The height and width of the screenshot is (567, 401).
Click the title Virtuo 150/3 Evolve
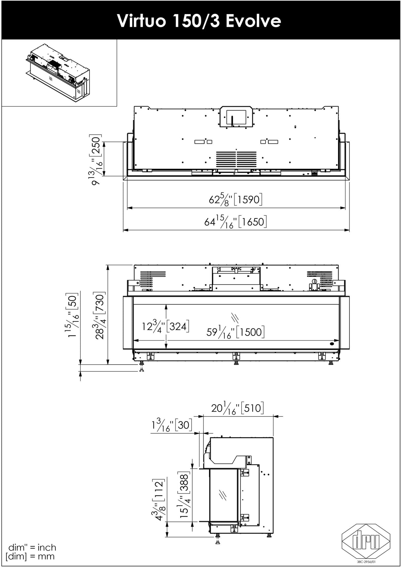199,20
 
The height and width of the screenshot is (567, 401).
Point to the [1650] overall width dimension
236,221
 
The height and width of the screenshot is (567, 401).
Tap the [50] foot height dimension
72,315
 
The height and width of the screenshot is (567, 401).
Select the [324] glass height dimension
166,326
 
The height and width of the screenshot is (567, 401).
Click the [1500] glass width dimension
236,331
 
